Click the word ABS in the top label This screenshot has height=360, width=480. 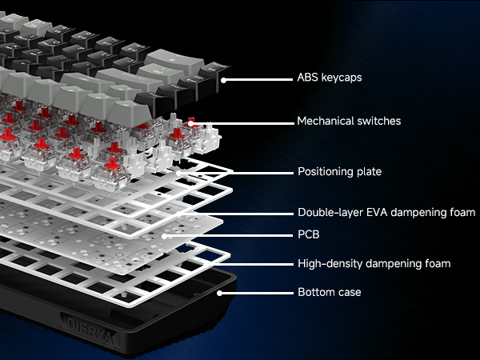tap(308, 79)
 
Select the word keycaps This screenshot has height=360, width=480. tap(342, 79)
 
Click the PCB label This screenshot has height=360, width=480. tap(308, 235)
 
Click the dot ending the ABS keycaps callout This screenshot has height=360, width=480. tap(223, 79)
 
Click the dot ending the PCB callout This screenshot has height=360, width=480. tap(164, 235)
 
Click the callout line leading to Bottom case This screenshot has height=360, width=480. tap(256, 292)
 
